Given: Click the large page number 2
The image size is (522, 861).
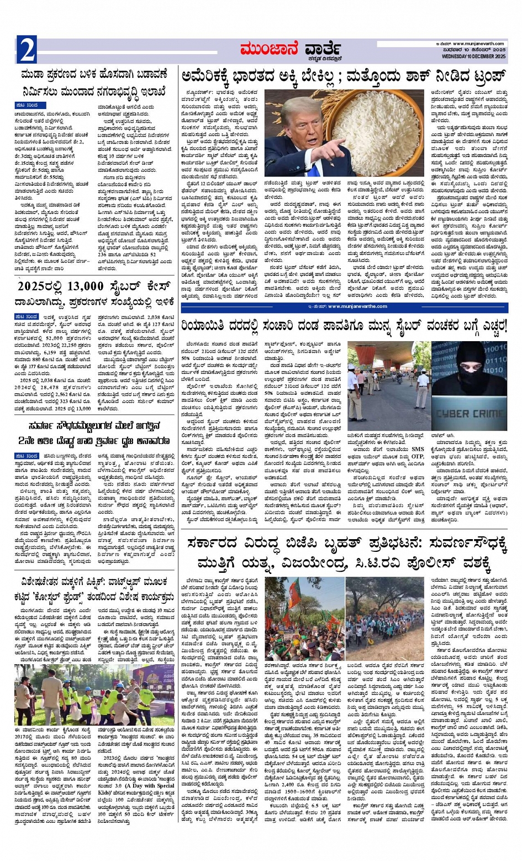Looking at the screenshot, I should (x=26, y=50).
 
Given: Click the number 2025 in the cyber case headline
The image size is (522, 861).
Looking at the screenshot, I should (x=35, y=286).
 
